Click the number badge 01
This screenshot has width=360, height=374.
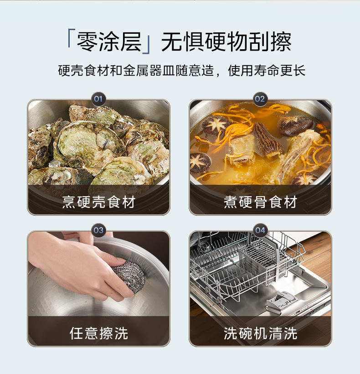tap(98, 99)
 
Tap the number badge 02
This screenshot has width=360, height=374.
tap(260, 99)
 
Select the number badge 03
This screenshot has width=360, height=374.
tap(98, 230)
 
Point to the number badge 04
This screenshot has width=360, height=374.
tap(260, 230)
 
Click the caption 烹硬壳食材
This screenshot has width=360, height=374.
tap(98, 202)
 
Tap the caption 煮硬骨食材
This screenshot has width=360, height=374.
tap(260, 202)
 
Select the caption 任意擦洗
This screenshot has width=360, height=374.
tap(98, 333)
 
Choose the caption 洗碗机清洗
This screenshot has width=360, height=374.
tap(260, 333)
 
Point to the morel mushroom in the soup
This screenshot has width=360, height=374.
tap(268, 140)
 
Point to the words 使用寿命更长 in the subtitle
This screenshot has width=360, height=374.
tap(267, 70)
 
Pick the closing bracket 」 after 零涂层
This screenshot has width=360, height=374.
tap(146, 45)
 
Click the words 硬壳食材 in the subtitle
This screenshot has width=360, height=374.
tap(83, 70)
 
